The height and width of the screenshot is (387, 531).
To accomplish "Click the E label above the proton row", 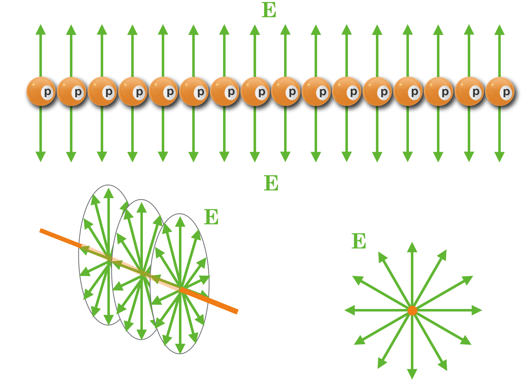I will (x=269, y=10).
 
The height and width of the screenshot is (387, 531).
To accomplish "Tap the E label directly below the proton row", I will (x=271, y=183).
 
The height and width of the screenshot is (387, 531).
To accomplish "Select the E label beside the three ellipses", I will (x=211, y=217).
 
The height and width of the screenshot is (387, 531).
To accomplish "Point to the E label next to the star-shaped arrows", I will (x=359, y=241).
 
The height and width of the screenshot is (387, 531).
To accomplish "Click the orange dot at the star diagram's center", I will (x=412, y=310).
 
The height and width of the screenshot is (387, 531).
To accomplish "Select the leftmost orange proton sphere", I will (x=41, y=91).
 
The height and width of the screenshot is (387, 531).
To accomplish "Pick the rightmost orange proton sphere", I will (x=500, y=91).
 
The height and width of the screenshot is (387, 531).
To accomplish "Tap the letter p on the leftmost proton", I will (x=47, y=92).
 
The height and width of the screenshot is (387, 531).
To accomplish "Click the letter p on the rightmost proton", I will (x=507, y=92).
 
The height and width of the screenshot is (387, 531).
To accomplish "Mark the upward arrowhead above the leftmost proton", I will (x=41, y=29).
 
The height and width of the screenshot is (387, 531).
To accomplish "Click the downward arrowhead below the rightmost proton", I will (x=499, y=157).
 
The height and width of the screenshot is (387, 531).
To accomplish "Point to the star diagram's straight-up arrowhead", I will (x=412, y=247).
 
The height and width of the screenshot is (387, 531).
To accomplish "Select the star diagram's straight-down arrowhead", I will (x=412, y=374).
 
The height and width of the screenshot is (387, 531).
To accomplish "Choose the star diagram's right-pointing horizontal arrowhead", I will (x=476, y=310).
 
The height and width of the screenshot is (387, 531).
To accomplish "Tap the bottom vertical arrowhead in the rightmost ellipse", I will (x=180, y=348).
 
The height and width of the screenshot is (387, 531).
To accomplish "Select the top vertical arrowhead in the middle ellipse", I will (x=141, y=207).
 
